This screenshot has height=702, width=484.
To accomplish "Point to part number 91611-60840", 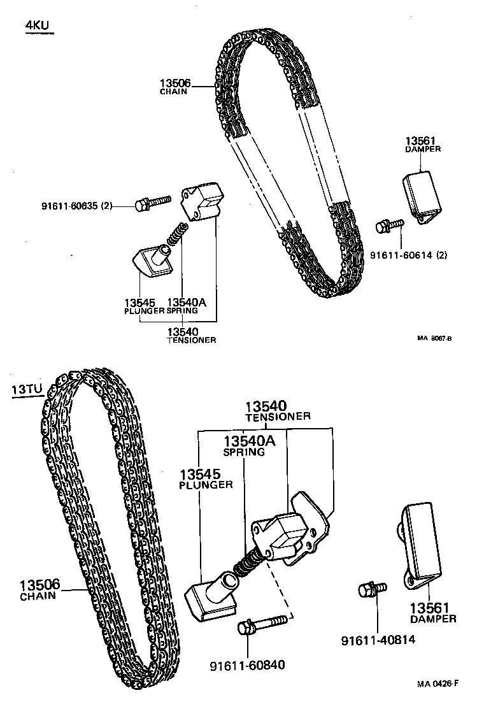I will pos(247,666).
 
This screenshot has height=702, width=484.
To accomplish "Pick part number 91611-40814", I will pos(378,639).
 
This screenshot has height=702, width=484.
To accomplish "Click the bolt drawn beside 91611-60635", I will pos(153,202).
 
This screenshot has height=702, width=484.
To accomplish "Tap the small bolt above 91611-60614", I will pos(388,224).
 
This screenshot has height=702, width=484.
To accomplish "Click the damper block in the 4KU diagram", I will pos(421,193).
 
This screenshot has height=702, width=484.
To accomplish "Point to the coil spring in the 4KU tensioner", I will pos(176,234).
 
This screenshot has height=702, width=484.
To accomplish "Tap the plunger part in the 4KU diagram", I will pos(152,260).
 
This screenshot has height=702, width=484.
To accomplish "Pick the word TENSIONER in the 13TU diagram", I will pos(278,417).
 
